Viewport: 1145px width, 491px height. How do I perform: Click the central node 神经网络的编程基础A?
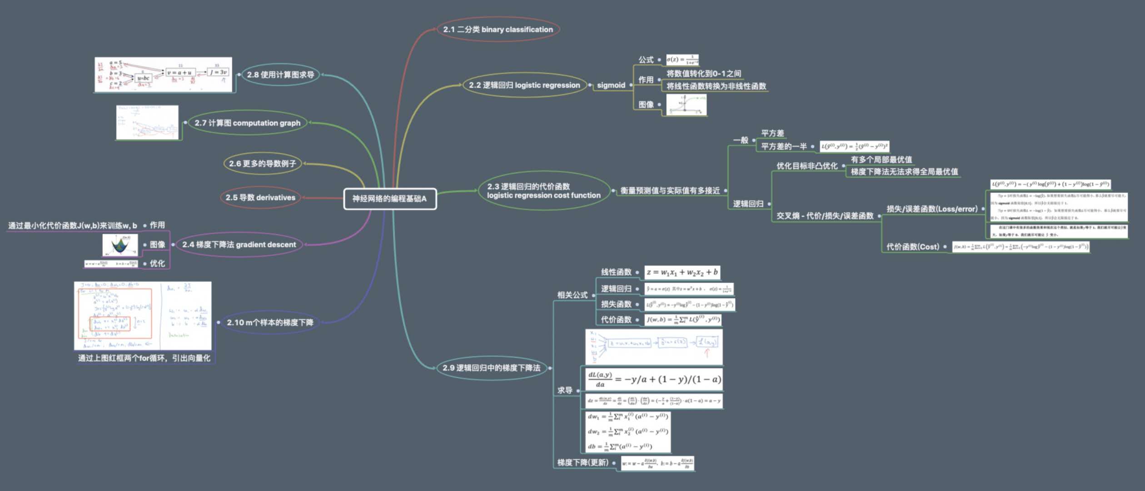(x=390, y=199)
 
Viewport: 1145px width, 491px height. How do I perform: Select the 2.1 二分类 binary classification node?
(x=498, y=30)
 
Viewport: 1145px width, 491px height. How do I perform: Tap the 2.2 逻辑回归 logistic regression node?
(x=524, y=85)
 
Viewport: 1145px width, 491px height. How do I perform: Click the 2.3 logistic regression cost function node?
(x=543, y=191)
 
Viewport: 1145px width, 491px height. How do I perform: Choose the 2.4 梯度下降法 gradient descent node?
(x=239, y=245)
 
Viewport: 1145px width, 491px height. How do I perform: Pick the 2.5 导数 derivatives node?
(x=260, y=198)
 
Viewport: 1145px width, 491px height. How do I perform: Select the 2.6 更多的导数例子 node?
(x=262, y=164)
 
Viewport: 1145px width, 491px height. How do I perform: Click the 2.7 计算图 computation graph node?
(x=247, y=123)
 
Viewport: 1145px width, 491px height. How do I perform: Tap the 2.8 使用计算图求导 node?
(x=280, y=75)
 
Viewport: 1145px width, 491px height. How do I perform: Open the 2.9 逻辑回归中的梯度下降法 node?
(x=491, y=368)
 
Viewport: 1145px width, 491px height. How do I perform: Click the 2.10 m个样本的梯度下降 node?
(x=270, y=323)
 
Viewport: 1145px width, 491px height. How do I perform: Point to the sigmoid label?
(x=611, y=85)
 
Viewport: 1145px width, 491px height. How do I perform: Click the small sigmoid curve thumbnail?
(x=686, y=105)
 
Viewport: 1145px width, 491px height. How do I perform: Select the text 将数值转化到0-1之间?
(x=704, y=74)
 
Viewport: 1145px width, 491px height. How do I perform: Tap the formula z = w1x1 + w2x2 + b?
(x=682, y=272)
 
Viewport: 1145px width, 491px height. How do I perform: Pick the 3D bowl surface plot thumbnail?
(x=120, y=245)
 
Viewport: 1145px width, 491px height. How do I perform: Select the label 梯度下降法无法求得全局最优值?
(x=904, y=172)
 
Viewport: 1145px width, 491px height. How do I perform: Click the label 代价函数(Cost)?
(x=912, y=247)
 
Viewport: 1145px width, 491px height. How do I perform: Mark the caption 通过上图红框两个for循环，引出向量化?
(x=144, y=358)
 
